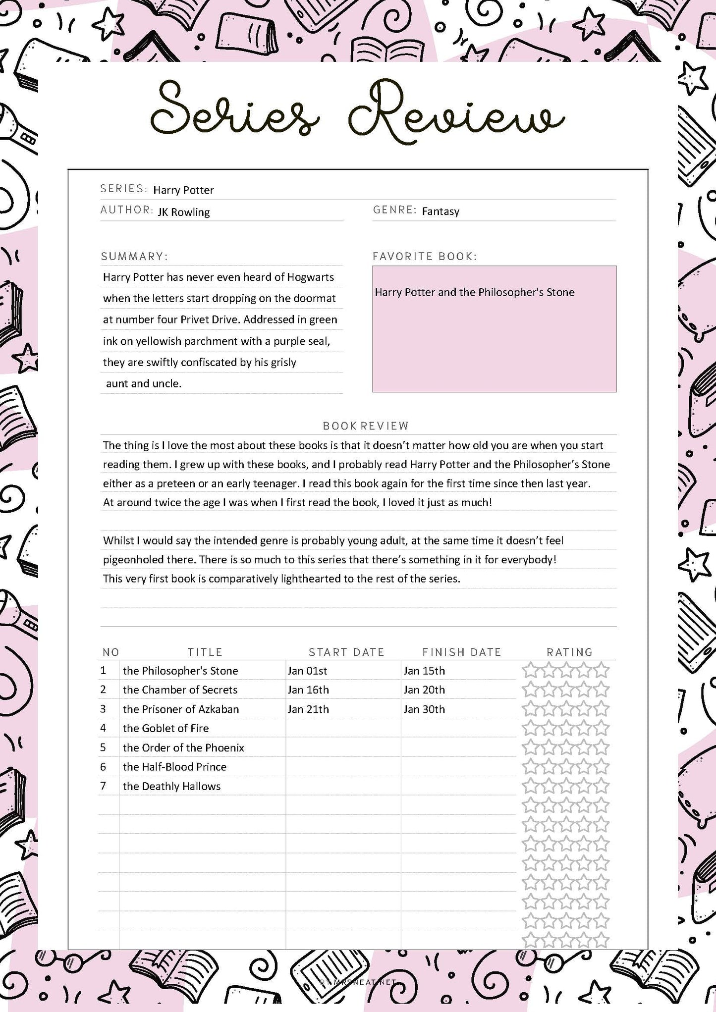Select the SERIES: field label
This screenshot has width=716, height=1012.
pos(123,189)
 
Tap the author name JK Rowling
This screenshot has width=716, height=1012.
pos(183,212)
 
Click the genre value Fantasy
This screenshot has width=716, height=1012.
pos(441,212)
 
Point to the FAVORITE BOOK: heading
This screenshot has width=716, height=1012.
pos(424,256)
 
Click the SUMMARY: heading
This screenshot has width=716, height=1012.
pos(134,256)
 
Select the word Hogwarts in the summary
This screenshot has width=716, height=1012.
pos(311,277)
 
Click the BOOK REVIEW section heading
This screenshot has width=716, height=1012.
pos(366,426)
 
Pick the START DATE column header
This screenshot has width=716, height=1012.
pos(346,652)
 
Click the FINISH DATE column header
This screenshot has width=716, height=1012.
pos(461,652)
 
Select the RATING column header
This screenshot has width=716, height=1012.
pos(569,652)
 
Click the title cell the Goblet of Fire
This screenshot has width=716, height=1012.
pos(165,728)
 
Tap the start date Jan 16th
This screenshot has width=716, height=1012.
pos(308,690)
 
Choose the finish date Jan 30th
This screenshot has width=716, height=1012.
pos(424,709)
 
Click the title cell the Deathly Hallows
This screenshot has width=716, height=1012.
pos(171,786)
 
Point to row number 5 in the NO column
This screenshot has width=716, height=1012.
pos(103,747)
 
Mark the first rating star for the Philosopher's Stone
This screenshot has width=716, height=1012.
pos(530,671)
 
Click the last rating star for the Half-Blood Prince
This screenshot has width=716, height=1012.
pos(601,767)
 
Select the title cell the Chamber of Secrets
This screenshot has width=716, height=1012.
pos(180,690)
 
